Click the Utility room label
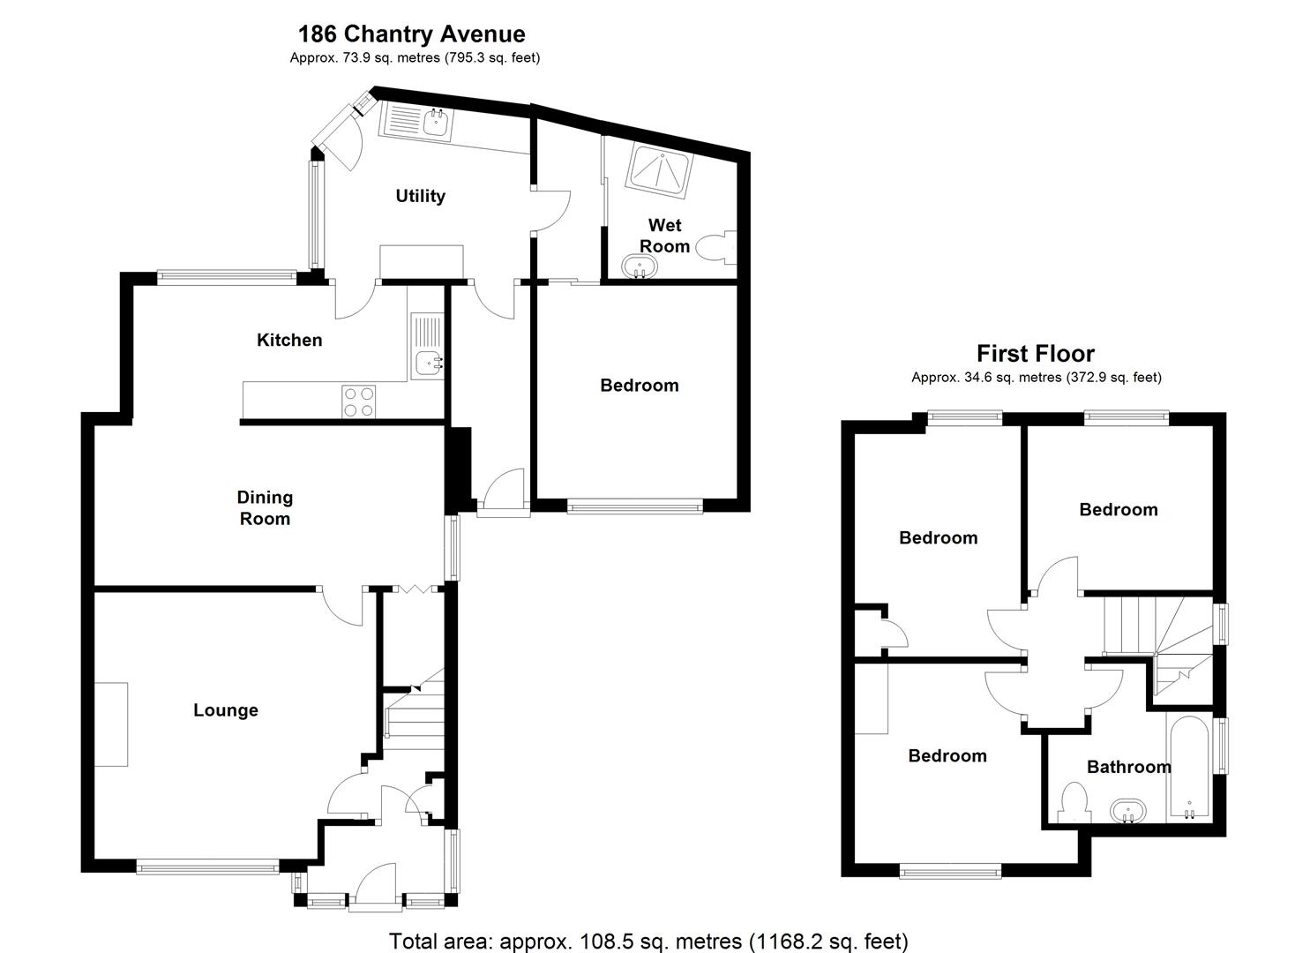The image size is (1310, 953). click(x=420, y=196)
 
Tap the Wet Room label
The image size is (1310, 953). click(x=664, y=236)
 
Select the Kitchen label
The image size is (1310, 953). click(x=289, y=340)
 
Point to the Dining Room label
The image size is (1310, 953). click(x=265, y=508)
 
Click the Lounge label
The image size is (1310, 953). click(x=226, y=710)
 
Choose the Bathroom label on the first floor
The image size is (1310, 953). click(x=1128, y=767)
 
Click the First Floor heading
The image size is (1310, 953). click(x=1035, y=354)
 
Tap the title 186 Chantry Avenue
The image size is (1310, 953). click(x=411, y=34)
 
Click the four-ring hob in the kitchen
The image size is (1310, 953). click(x=359, y=401)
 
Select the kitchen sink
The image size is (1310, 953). click(x=429, y=360)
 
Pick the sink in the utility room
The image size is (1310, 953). click(x=436, y=123)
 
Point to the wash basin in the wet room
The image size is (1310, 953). click(x=640, y=266)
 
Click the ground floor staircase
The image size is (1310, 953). click(x=414, y=715)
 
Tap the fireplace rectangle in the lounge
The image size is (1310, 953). click(x=111, y=724)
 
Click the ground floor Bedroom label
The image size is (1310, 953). click(x=639, y=386)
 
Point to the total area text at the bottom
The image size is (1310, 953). click(x=648, y=942)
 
